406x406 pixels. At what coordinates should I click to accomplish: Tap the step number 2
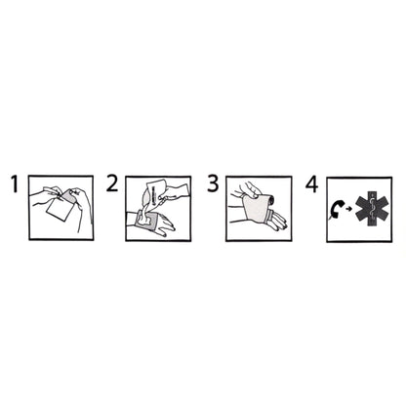coord(112,183)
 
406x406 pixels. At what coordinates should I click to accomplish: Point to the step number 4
coord(311,183)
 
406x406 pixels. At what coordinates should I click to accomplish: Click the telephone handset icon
coord(338,207)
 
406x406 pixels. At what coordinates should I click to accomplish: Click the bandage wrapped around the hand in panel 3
coord(256,210)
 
